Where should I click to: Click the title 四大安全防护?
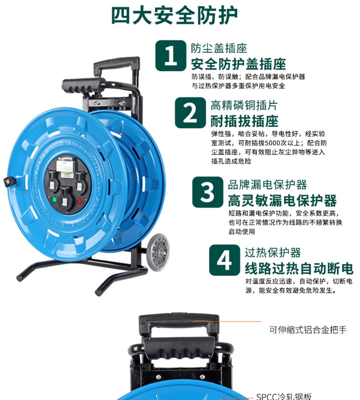pyautogui.click(x=175, y=16)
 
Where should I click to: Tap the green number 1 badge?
pyautogui.click(x=171, y=56)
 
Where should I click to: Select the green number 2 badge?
pyautogui.click(x=190, y=113)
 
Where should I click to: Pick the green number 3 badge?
pyautogui.click(x=207, y=192)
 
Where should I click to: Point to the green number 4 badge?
pyautogui.click(x=225, y=260)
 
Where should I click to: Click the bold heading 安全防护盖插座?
pyautogui.click(x=239, y=64)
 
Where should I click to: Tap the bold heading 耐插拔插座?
pyautogui.click(x=244, y=121)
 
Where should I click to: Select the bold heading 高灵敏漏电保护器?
pyautogui.click(x=282, y=201)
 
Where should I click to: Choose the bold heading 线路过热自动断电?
pyautogui.click(x=299, y=268)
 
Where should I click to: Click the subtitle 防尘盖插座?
pyautogui.click(x=219, y=48)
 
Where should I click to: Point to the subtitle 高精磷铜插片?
pyautogui.click(x=244, y=105)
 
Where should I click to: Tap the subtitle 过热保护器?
pyautogui.click(x=273, y=253)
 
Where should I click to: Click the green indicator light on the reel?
pyautogui.click(x=54, y=199)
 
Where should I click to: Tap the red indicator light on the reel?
pyautogui.click(x=79, y=202)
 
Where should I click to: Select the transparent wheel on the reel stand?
pyautogui.click(x=158, y=252)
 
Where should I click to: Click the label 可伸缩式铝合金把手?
pyautogui.click(x=308, y=330)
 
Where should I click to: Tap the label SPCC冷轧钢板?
pyautogui.click(x=284, y=396)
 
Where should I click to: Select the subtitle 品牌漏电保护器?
pyautogui.click(x=267, y=185)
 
